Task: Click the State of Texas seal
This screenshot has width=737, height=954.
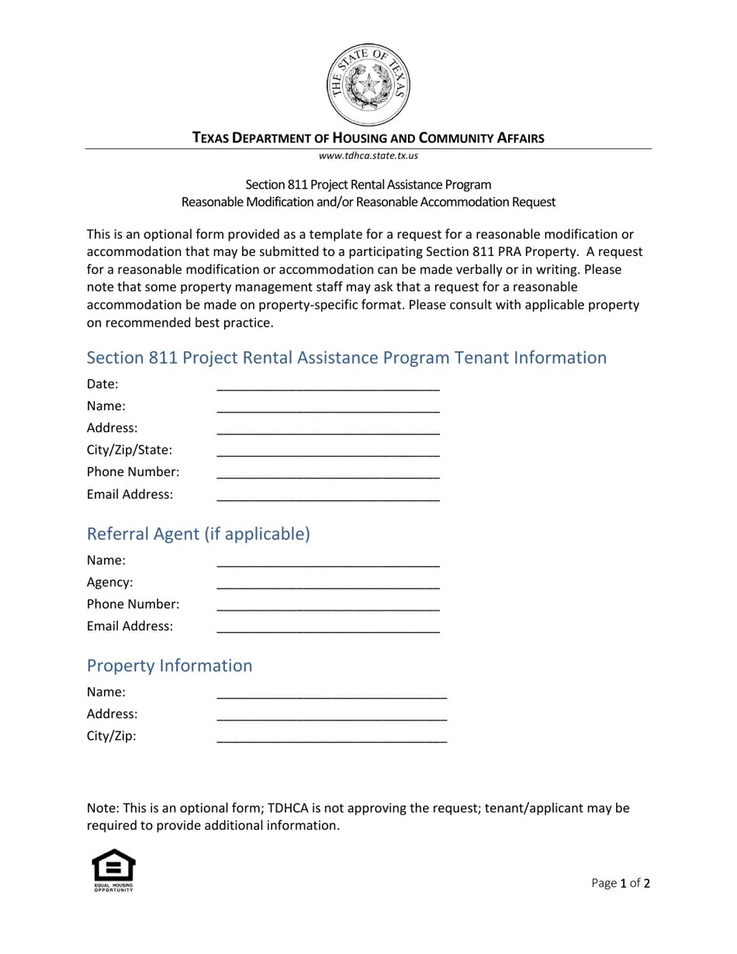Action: [x=368, y=85]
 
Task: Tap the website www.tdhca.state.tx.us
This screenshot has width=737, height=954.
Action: [x=368, y=155]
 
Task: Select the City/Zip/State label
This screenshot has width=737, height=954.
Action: [x=130, y=450]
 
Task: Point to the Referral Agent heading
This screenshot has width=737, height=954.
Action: [x=198, y=534]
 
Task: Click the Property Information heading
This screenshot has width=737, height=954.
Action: [x=169, y=665]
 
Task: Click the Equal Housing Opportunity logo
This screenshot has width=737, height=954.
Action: [x=114, y=870]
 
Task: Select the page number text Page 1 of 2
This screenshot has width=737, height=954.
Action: [x=621, y=883]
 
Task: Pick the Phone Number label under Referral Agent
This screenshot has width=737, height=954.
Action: [x=133, y=603]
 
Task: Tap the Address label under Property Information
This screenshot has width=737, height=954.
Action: [x=112, y=714]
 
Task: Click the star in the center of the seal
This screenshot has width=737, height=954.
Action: [x=368, y=82]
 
